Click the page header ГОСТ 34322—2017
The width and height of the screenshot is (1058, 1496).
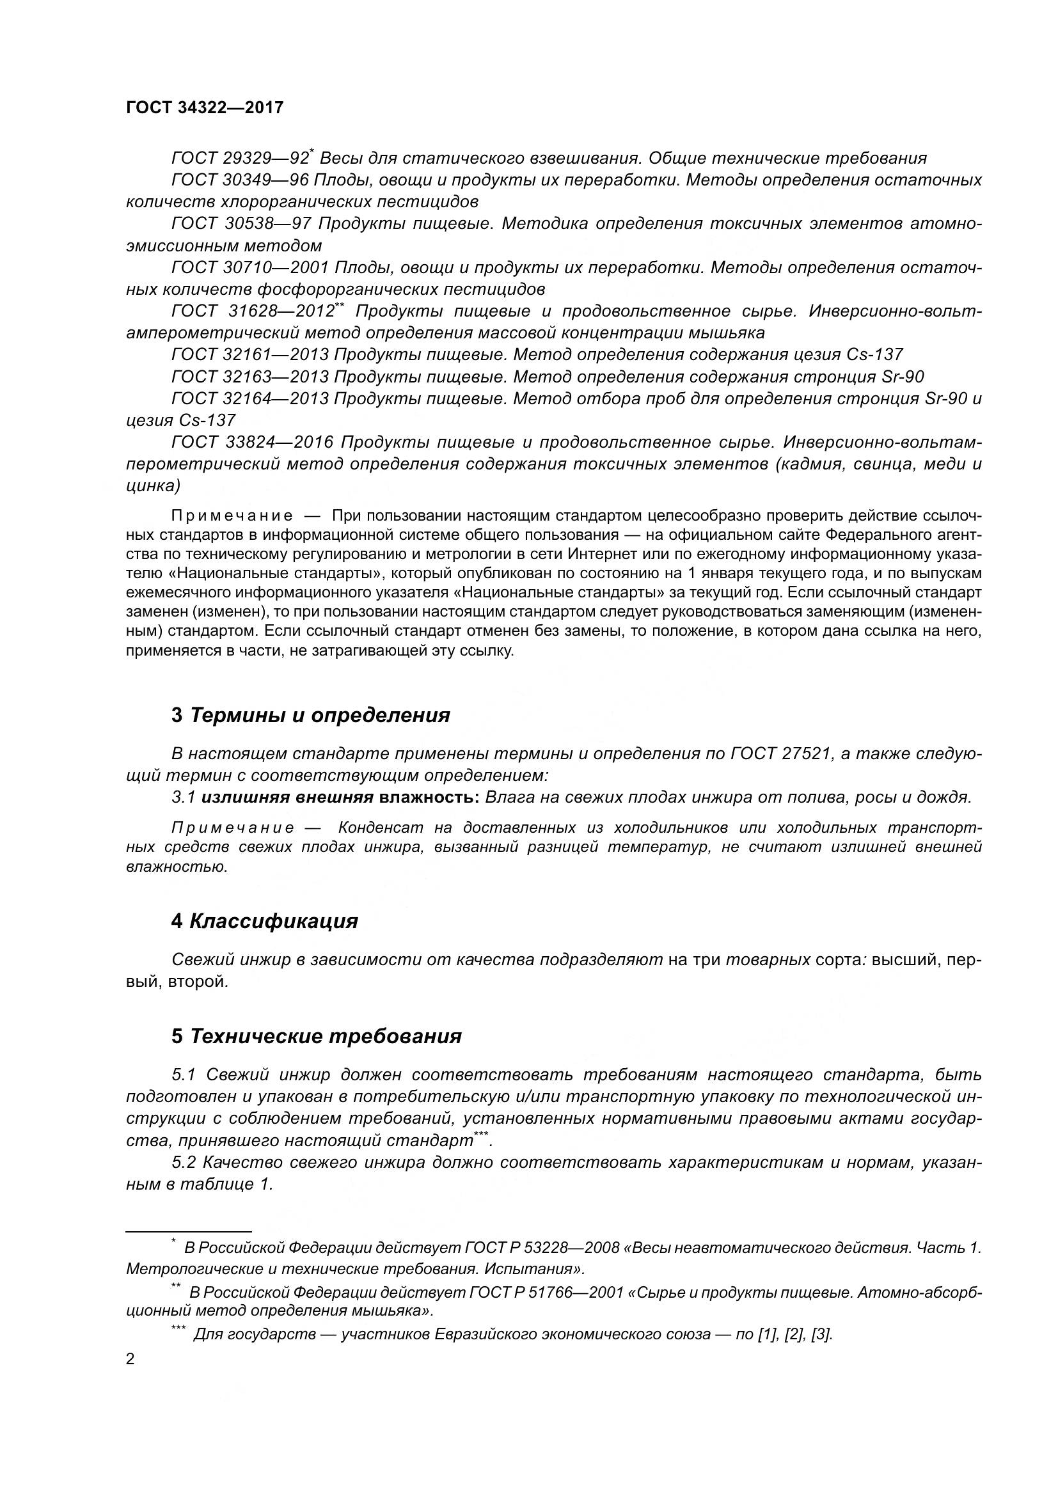click(205, 108)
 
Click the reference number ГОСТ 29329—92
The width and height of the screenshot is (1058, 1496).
click(240, 159)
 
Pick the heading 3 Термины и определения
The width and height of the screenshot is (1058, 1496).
click(311, 716)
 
